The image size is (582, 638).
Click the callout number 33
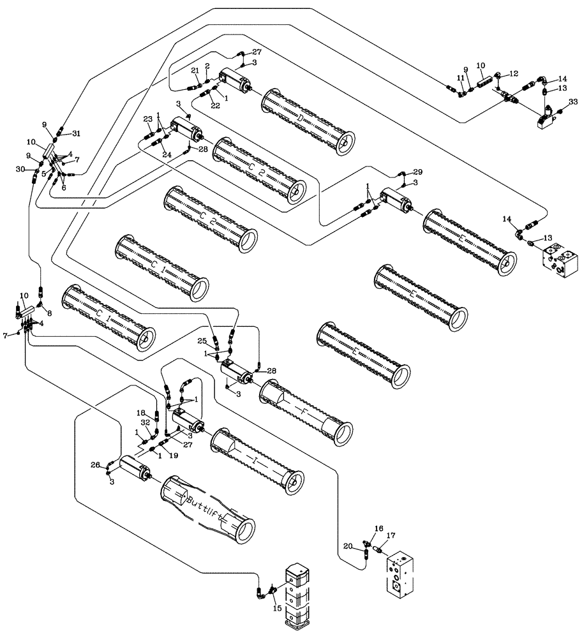(572, 102)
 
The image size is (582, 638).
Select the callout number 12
(514, 75)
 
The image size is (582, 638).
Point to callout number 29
(418, 173)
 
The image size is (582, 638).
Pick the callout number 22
(216, 105)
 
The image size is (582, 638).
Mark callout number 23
(147, 119)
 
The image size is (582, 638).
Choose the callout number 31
(77, 133)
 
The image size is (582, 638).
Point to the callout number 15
(276, 609)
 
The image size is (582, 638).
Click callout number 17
(391, 536)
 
